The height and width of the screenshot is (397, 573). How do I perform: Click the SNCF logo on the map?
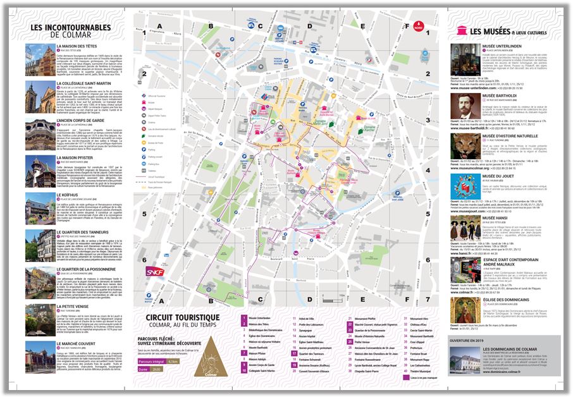point(154,272)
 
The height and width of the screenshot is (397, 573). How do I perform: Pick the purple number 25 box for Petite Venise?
point(349,341)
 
